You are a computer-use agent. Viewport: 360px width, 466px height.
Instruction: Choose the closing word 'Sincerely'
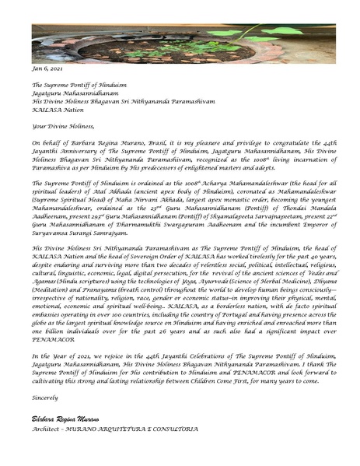coord(45,397)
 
